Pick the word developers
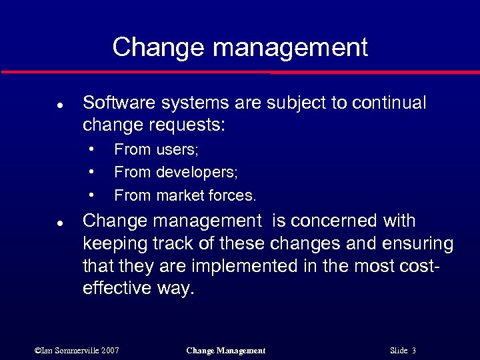[197, 173]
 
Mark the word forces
[233, 196]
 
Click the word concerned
[340, 221]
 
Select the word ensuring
[417, 244]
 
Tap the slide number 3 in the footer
[414, 350]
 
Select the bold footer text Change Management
[226, 350]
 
